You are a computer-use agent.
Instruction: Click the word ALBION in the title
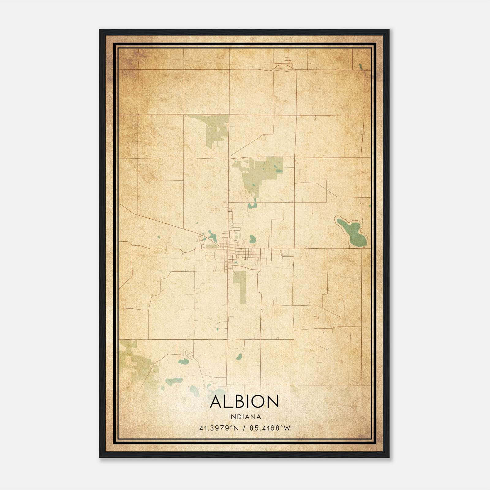[x=244, y=402]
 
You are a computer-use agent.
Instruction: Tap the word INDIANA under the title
[x=244, y=417]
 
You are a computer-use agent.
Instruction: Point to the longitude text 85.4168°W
[x=270, y=428]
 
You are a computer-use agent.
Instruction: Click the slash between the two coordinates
[x=244, y=428]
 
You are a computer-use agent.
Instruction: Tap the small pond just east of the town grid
[x=252, y=239]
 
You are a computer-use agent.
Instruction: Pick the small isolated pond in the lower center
[x=239, y=357]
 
